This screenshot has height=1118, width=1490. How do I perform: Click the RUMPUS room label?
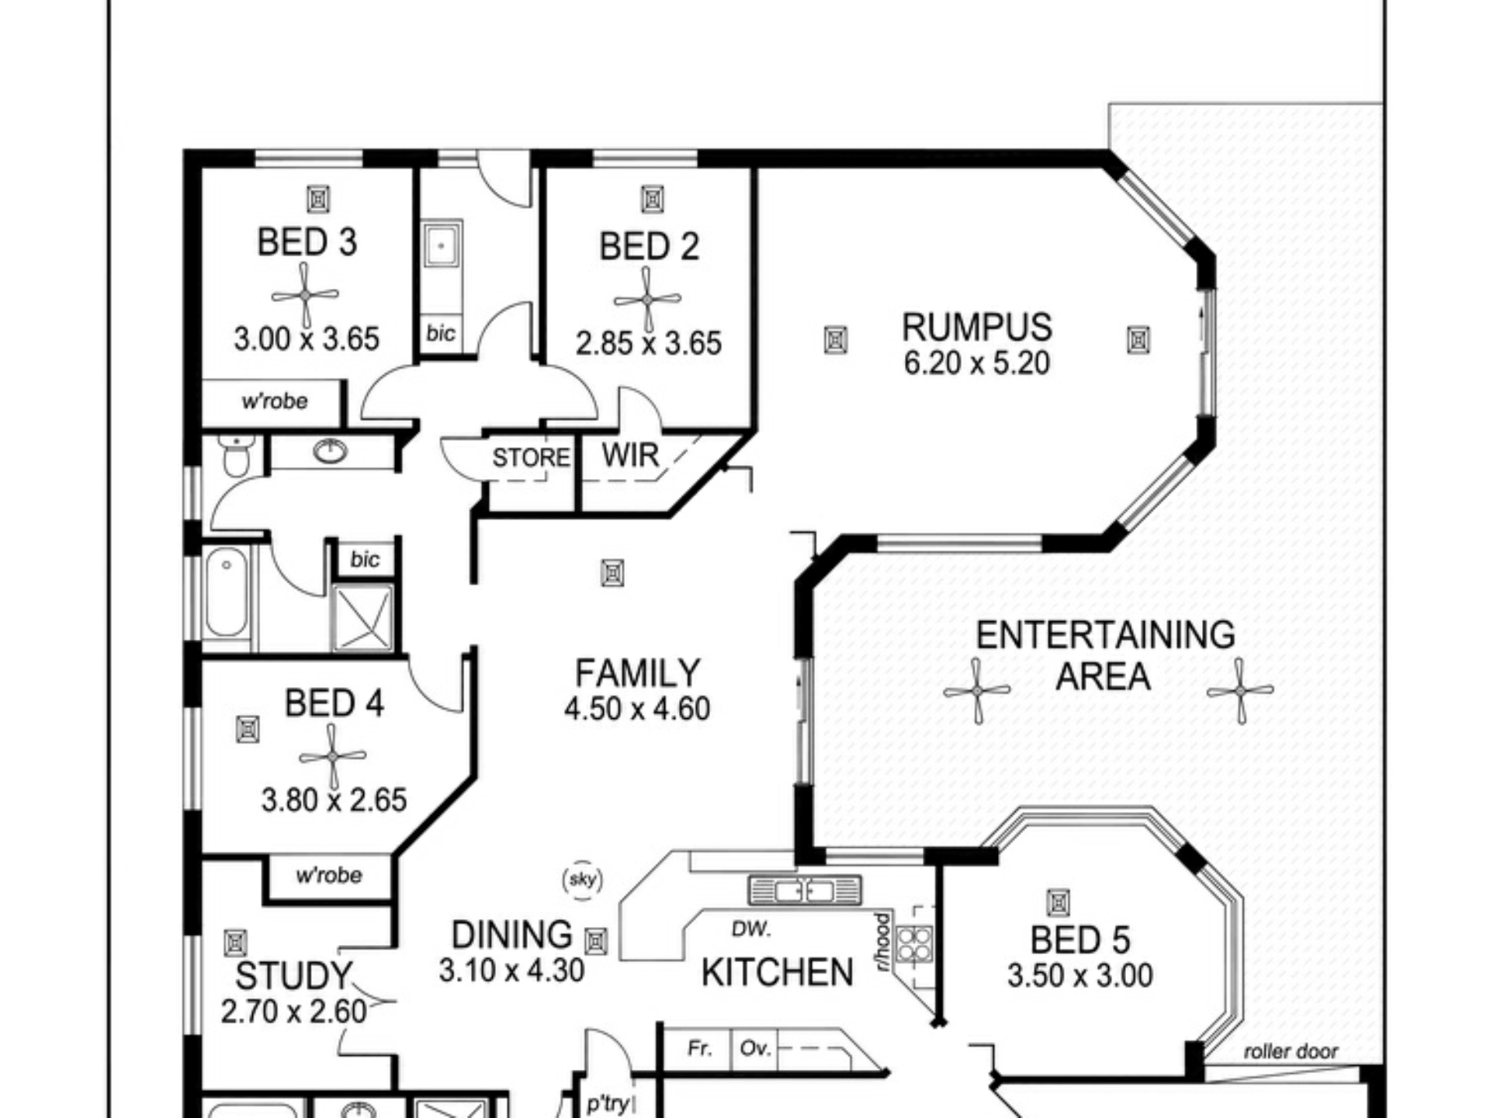[976, 327]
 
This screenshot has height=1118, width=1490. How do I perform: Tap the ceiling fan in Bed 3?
[305, 295]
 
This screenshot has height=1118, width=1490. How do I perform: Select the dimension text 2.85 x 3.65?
[649, 343]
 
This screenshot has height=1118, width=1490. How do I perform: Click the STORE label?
[531, 457]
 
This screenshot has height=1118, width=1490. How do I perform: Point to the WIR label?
[630, 455]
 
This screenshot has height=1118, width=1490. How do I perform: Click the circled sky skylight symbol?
[583, 880]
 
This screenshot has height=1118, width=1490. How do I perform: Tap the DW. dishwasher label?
[751, 929]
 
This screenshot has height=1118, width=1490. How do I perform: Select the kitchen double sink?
[805, 891]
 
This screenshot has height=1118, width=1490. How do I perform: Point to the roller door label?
[1291, 1051]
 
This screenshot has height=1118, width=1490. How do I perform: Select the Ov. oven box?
[754, 1050]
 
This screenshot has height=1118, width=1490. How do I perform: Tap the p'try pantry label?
[608, 1103]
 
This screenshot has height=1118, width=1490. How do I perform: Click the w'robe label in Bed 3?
[275, 401]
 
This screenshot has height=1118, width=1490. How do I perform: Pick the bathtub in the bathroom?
[227, 593]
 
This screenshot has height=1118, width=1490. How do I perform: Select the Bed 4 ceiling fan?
[332, 756]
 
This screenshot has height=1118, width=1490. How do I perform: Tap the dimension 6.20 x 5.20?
[976, 363]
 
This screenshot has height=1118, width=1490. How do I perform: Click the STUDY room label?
[293, 976]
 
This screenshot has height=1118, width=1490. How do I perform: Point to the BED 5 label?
[1079, 940]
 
